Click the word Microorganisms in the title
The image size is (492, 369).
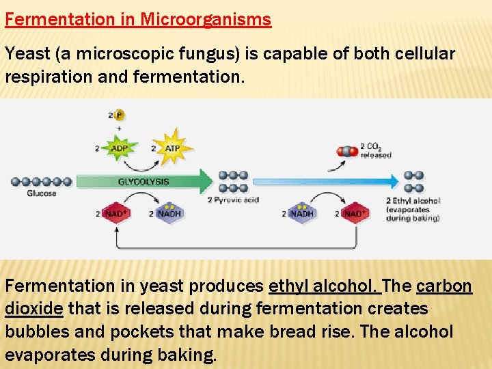[206, 19]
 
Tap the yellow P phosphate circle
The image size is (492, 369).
[120, 115]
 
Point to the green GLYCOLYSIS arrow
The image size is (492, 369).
[144, 182]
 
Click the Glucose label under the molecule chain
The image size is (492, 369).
[42, 193]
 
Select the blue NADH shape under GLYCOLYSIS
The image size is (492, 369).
[169, 213]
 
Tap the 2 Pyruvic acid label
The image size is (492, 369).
[234, 200]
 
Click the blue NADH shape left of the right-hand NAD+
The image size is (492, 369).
[301, 213]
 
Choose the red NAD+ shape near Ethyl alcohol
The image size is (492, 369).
[354, 213]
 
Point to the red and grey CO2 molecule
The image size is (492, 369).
[348, 151]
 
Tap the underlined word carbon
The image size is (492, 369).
[443, 286]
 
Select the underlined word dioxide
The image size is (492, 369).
[34, 309]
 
